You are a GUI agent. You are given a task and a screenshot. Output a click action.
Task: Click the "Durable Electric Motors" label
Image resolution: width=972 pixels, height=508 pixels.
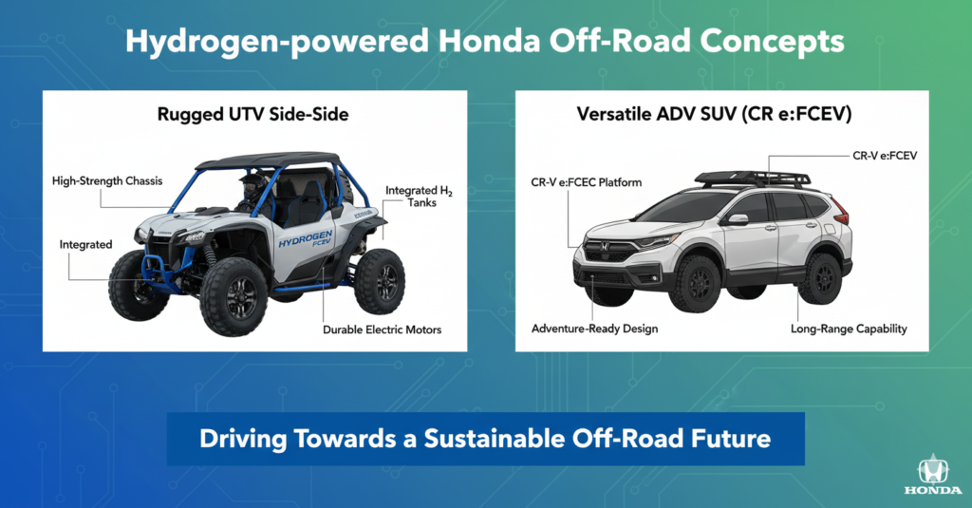pos(383,330)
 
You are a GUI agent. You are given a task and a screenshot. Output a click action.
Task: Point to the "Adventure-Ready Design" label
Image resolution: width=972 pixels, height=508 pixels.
pos(593,329)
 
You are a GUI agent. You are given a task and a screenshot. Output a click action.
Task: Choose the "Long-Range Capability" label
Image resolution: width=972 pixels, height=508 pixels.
pos(849,329)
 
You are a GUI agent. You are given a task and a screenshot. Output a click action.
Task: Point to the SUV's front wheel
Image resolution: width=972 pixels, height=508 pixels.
pos(694,282)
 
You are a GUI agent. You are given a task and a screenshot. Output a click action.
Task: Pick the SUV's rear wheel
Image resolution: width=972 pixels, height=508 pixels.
pos(819,277)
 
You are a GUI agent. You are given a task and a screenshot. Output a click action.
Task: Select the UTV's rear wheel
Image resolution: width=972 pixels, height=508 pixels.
pos(380,281)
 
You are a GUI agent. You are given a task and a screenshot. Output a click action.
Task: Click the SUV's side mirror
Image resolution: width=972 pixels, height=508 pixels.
pos(737,219)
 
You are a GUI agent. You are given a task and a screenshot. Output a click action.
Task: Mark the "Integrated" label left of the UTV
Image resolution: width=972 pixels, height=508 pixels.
pos(86,245)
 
